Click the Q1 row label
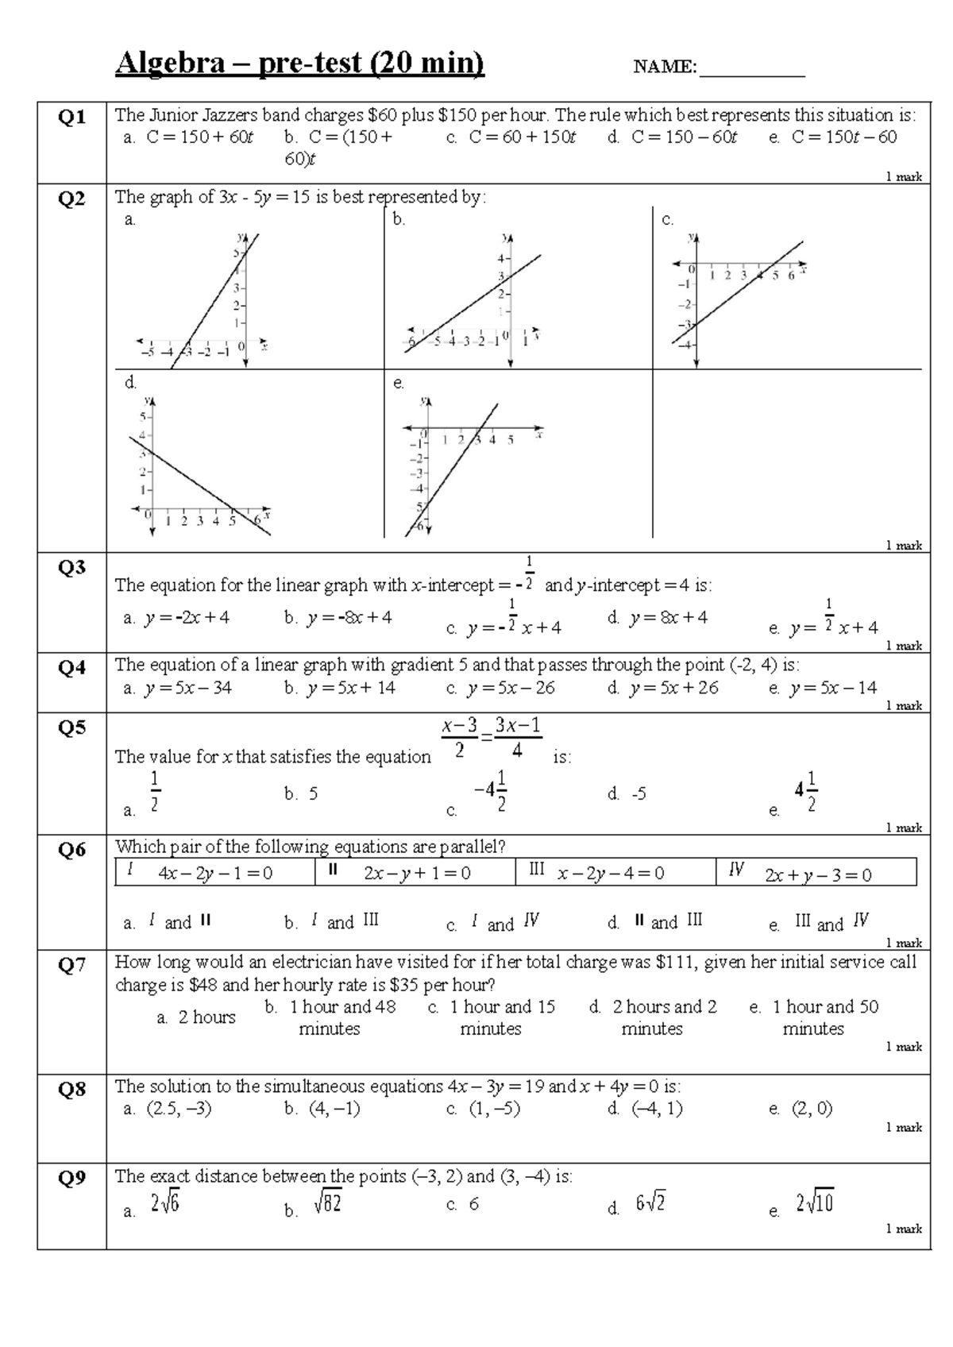pos(71,118)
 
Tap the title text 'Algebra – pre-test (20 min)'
pos(299,63)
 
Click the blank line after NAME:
pos(751,70)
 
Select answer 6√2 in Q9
pos(650,1204)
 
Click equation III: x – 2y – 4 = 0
pos(611,874)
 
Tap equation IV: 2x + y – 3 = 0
pos(818,874)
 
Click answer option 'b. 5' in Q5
pos(302,793)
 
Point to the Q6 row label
pos(71,850)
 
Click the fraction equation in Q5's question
pos(492,737)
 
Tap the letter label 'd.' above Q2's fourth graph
pos(131,383)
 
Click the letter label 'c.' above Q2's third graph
pos(667,220)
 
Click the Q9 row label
pos(71,1177)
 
